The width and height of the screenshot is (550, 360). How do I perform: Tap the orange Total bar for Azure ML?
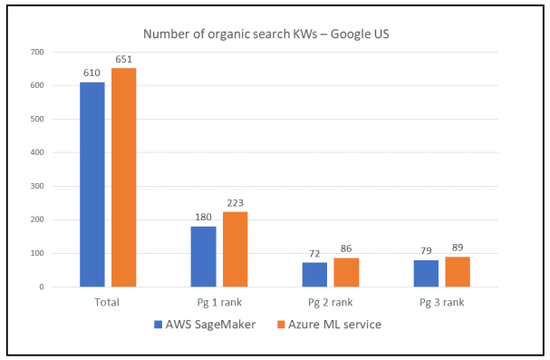123,178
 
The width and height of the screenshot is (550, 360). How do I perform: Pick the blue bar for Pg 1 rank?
203,257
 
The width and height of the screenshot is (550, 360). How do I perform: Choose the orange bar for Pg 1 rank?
235,249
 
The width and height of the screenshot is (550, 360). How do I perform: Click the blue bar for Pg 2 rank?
314,275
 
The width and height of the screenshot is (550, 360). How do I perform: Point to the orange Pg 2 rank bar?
346,272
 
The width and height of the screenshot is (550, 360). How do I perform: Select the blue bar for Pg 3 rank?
426,273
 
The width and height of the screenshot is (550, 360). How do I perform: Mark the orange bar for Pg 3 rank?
458,272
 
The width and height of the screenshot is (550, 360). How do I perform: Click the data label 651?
124,60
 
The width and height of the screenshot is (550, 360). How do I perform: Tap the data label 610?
92,73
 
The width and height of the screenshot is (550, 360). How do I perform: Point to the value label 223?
236,203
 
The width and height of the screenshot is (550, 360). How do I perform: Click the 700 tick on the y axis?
37,52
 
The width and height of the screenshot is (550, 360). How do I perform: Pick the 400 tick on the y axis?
37,152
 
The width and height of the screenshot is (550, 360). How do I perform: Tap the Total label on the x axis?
107,300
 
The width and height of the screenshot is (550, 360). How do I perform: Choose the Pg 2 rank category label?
330,300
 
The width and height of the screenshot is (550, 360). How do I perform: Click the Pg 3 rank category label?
441,300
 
